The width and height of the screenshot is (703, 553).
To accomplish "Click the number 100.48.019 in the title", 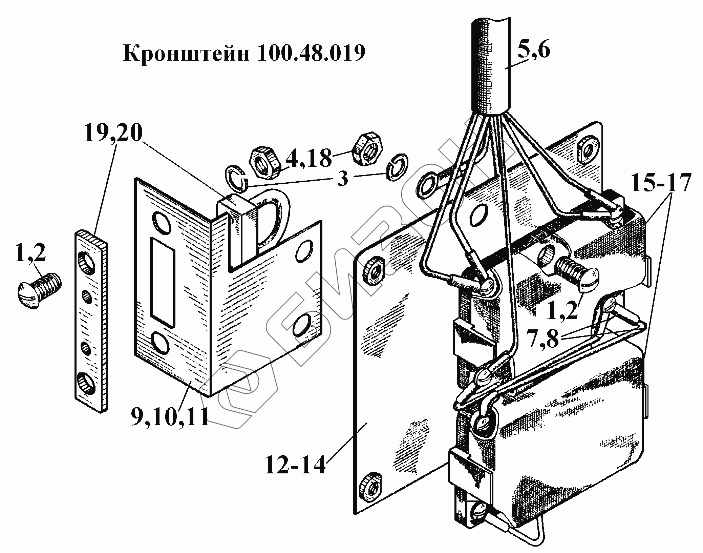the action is coord(311,54).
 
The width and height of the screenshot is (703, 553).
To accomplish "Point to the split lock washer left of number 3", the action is coord(236,176).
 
